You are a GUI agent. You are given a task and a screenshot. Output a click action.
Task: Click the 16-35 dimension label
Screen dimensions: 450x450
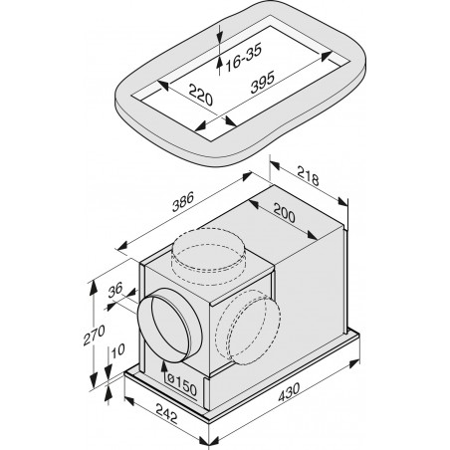click(x=244, y=57)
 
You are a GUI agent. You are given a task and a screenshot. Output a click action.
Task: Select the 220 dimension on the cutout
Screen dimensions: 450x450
click(x=200, y=95)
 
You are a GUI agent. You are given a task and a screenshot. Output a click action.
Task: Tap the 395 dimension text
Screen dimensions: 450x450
click(x=263, y=82)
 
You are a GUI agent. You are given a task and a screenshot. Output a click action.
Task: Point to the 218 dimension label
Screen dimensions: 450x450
click(x=308, y=175)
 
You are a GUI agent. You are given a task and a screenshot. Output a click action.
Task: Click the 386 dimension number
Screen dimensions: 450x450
click(x=182, y=202)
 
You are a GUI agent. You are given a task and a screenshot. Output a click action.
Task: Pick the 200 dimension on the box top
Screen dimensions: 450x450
click(x=284, y=213)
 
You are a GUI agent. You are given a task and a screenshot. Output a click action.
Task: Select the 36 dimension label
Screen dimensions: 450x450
click(x=115, y=290)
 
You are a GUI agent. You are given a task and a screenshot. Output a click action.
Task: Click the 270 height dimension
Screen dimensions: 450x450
click(x=94, y=336)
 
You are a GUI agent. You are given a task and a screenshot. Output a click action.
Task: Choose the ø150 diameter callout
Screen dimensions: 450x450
click(x=182, y=385)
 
